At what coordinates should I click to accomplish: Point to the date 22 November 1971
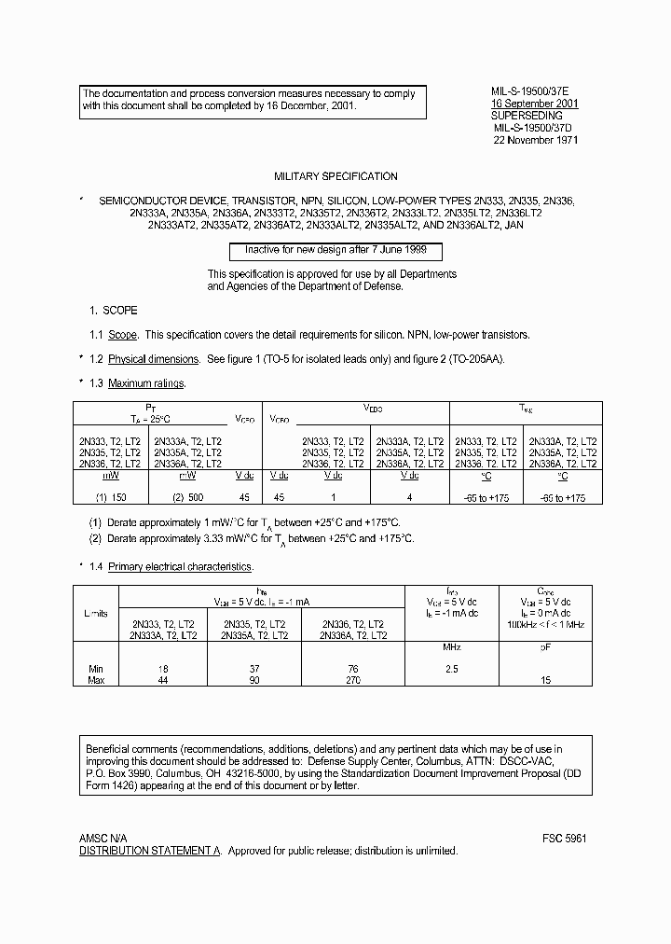536,141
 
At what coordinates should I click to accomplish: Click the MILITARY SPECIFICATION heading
335,176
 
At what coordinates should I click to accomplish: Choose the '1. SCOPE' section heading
113,310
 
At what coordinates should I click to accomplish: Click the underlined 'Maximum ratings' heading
146,383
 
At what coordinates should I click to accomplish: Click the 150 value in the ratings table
116,498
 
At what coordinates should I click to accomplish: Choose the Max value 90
253,680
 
